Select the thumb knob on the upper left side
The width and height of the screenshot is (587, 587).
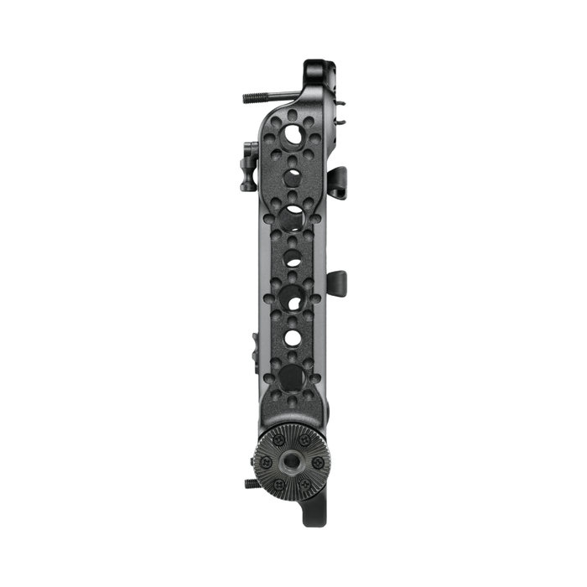coord(249,156)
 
